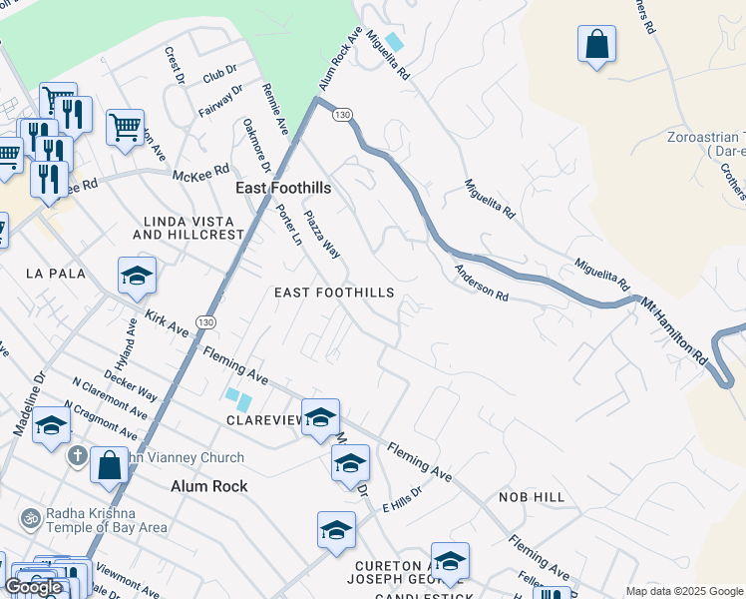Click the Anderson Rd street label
pyautogui.click(x=482, y=284)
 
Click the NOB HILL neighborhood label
pyautogui.click(x=532, y=497)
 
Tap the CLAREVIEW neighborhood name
pyautogui.click(x=263, y=420)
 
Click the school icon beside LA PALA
pyautogui.click(x=137, y=277)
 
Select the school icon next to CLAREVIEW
pyautogui.click(x=319, y=417)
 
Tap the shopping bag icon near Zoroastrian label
pyautogui.click(x=596, y=44)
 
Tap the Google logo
pyautogui.click(x=33, y=587)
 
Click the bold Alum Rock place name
pyautogui.click(x=208, y=486)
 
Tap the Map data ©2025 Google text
pyautogui.click(x=684, y=591)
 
